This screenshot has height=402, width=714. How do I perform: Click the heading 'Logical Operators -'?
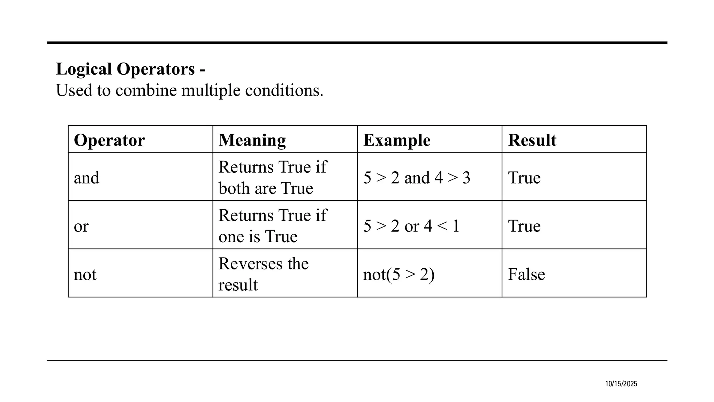pos(130,69)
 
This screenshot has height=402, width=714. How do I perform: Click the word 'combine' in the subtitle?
pos(146,90)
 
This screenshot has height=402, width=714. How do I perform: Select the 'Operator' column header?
pos(109,140)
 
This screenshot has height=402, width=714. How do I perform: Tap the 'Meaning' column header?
pos(252,140)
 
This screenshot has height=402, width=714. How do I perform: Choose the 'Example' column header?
pos(397,140)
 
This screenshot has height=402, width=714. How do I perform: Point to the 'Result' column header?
pos(532,140)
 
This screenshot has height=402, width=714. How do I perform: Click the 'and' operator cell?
pos(86,178)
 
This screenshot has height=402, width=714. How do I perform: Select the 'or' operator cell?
pos(81,226)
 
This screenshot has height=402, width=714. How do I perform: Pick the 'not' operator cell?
pos(85,274)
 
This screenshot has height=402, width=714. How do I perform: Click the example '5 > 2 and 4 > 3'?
pos(417,178)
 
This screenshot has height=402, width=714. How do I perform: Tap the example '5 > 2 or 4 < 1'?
pos(411,226)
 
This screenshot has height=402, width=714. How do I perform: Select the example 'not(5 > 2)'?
pos(399,274)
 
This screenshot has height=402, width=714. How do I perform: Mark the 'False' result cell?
pos(526,274)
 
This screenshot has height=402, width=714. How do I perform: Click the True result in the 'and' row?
pos(524,178)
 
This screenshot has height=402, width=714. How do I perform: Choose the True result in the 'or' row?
pos(524,226)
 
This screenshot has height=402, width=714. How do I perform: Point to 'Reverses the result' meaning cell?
pos(263,274)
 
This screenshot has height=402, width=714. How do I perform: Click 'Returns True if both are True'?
pos(272,178)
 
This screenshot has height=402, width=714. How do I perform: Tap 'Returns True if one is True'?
pos(272,226)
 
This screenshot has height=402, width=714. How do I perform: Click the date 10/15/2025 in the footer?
pos(621,384)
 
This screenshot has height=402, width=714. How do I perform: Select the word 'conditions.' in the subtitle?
pos(284,90)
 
